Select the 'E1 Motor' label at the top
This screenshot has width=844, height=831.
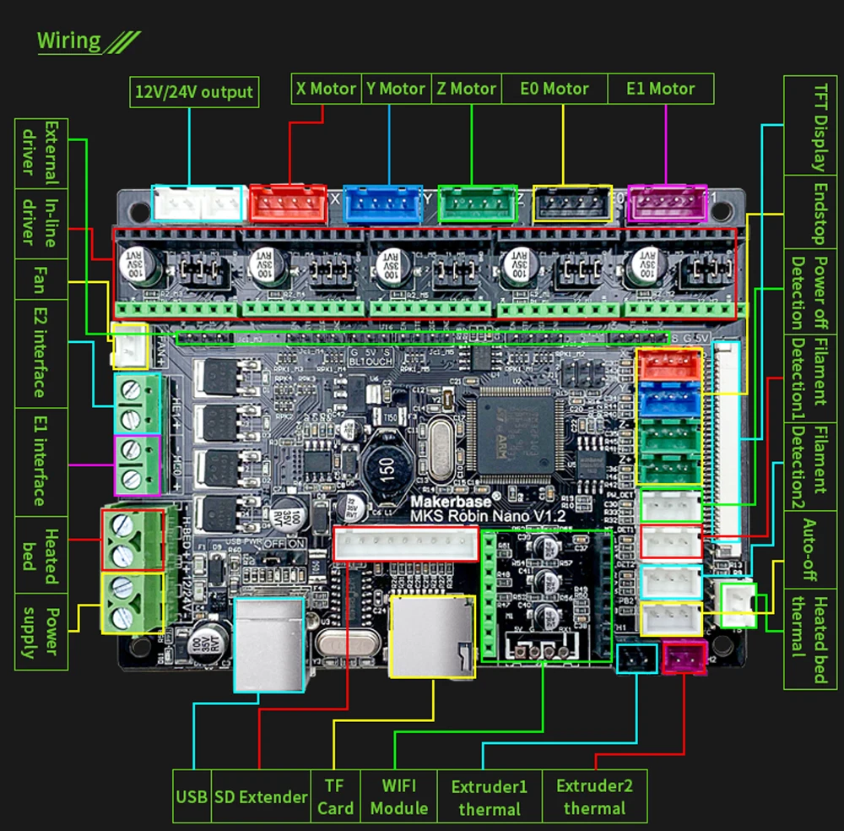tap(661, 89)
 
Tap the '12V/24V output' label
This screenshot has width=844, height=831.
tap(193, 92)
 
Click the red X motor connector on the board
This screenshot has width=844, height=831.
tap(289, 203)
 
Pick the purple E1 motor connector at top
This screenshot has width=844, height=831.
tap(663, 204)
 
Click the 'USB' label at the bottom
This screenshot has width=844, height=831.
tap(192, 796)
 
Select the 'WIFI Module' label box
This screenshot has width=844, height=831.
tap(399, 796)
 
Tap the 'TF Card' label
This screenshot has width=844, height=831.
tap(335, 796)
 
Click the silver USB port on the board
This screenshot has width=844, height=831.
tap(269, 644)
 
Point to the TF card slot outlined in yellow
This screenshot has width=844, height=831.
tap(431, 635)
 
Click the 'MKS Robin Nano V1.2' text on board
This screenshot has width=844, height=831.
tap(487, 515)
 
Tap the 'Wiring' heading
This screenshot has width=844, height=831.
tap(69, 41)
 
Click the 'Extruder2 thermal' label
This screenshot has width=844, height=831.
tap(594, 796)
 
